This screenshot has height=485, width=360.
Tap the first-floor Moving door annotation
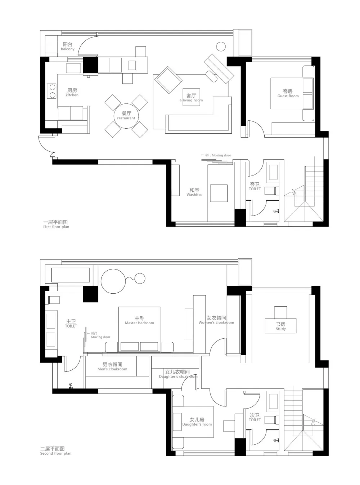coord(216,155)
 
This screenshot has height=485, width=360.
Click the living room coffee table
coord(191,97)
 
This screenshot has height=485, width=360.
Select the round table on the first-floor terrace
coord(221,46)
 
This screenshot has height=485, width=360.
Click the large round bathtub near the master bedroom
coord(113,281)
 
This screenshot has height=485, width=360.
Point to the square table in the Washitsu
coord(219,193)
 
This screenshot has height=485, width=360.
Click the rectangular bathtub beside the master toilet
coord(71,275)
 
